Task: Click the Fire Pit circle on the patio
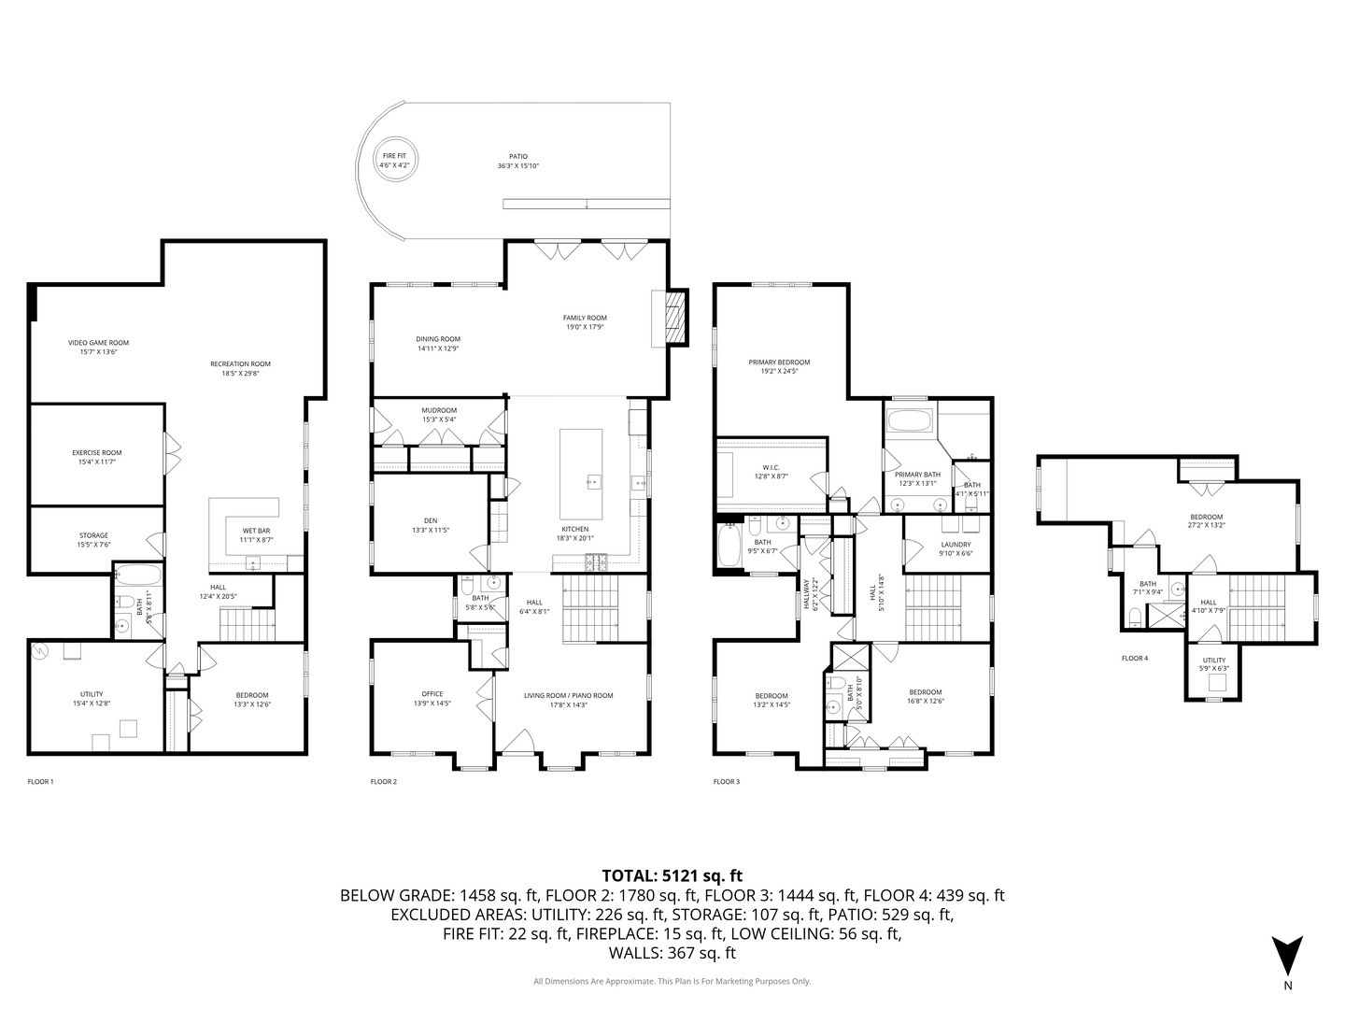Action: tap(394, 160)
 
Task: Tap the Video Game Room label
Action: tap(98, 348)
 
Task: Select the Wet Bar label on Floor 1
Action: tap(255, 535)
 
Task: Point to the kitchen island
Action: tap(581, 474)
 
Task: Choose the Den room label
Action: tap(431, 525)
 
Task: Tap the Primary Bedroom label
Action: tap(779, 366)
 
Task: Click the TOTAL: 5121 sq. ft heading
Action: tap(672, 875)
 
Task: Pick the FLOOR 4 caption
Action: tap(1134, 658)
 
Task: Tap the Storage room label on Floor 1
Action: tap(93, 540)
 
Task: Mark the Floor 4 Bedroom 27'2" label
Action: tap(1205, 521)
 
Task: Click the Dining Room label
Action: tap(438, 344)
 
